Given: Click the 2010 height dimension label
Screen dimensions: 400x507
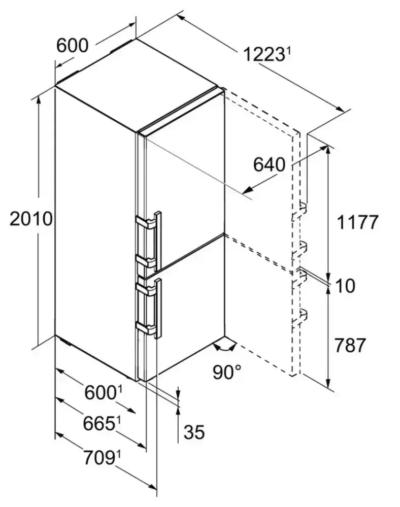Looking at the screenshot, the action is [31, 219].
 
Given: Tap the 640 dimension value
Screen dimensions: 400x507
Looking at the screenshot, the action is [269, 164].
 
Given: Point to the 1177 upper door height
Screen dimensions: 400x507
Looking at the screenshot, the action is [357, 222].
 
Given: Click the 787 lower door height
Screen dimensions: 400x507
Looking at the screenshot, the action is [350, 345].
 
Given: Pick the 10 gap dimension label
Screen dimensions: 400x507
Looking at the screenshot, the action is [345, 286].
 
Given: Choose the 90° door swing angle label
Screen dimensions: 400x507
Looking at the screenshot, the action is [227, 372].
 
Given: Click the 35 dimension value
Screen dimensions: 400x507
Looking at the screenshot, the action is [194, 432].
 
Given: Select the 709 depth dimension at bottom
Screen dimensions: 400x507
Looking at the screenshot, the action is [99, 458].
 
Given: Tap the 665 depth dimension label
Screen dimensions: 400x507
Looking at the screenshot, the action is [99, 424].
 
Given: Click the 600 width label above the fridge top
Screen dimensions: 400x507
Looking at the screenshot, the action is [72, 45].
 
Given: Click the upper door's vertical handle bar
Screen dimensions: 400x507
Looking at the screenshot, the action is [158, 241].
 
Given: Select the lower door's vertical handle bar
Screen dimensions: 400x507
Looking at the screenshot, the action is [158, 309].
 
